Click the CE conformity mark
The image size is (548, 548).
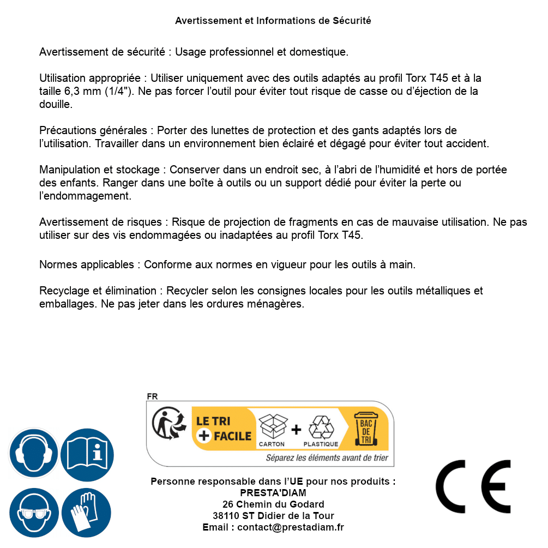[473, 487]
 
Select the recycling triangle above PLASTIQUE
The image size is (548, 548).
[321, 427]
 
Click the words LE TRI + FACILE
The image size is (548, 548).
[224, 429]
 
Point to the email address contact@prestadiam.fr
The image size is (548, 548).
[291, 527]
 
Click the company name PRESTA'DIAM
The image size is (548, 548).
[273, 493]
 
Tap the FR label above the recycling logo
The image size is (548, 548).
[152, 396]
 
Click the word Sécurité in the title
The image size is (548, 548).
[352, 21]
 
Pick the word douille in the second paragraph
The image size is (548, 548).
[56, 104]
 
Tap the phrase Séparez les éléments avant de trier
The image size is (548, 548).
[327, 458]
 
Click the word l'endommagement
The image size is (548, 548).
[85, 195]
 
